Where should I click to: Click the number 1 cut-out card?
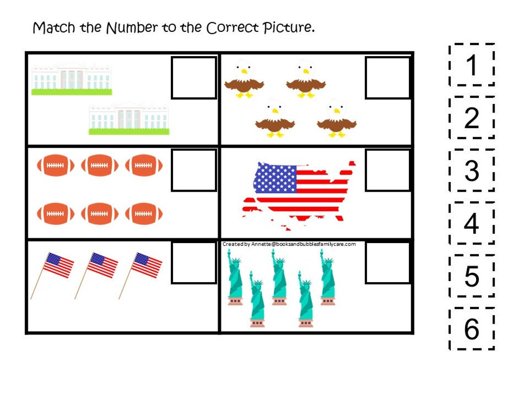click(471, 65)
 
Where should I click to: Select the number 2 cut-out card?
click(471, 118)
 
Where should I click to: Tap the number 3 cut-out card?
click(471, 170)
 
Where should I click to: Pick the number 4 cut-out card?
click(471, 223)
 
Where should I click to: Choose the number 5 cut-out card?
click(471, 276)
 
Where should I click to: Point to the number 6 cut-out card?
click(471, 329)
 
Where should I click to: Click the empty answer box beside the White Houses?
click(194, 78)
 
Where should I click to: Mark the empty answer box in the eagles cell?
click(387, 78)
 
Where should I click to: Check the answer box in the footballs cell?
click(194, 170)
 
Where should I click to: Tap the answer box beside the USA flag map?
click(387, 170)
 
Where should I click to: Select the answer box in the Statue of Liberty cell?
click(387, 263)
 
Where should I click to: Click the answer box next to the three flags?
click(194, 263)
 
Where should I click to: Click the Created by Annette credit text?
click(289, 244)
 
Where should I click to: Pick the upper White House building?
click(71, 78)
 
